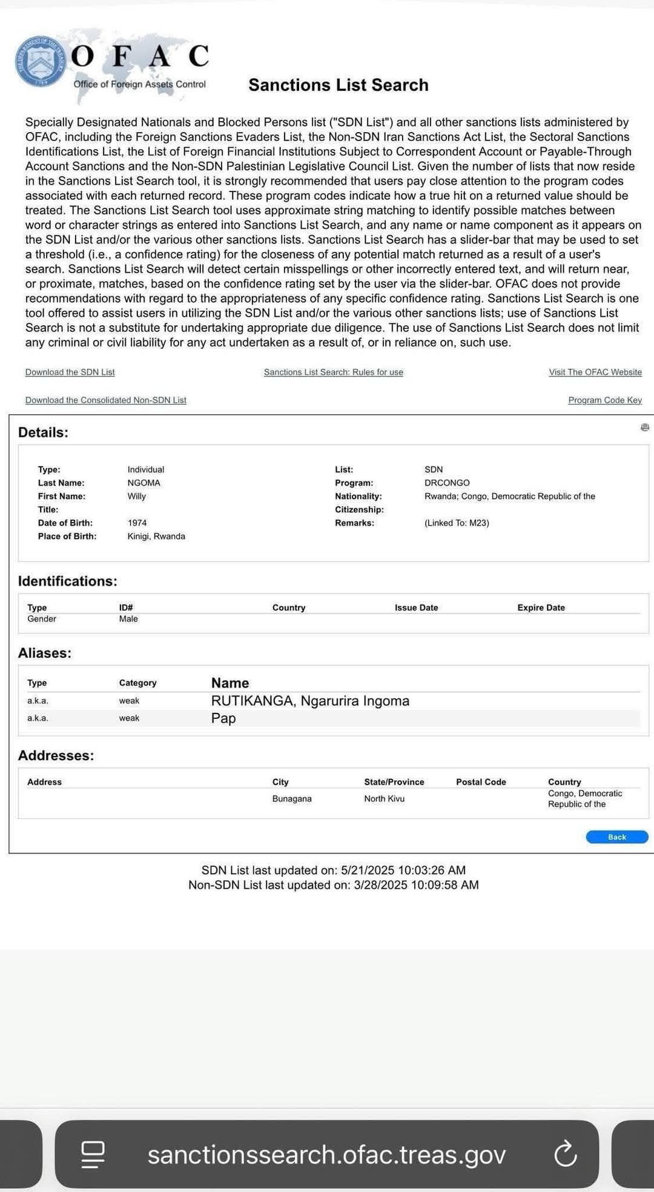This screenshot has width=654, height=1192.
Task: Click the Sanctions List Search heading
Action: point(338,85)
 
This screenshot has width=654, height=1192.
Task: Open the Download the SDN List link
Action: point(70,372)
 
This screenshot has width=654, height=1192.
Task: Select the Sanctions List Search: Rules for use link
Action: point(333,372)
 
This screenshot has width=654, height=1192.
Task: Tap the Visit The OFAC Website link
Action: point(595,372)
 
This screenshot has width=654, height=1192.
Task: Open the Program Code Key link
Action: point(604,400)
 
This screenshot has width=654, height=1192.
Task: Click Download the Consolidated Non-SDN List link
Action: point(105,400)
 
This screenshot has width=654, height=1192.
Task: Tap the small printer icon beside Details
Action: point(644,428)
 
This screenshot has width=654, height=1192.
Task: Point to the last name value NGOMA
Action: point(144,483)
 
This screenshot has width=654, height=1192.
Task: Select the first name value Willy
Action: point(136,496)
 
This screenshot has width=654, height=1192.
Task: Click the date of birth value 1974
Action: point(137,523)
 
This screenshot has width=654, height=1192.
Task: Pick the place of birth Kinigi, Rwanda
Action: point(156,536)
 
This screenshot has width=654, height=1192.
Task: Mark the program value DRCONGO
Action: point(447,483)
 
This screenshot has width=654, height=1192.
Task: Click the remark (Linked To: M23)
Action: point(457,523)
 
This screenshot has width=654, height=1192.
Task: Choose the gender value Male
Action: point(128,618)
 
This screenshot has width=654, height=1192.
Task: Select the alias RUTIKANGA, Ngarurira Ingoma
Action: point(310,701)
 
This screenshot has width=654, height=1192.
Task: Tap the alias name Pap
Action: point(223,718)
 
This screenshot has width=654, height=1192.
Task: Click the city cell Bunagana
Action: point(292,798)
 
